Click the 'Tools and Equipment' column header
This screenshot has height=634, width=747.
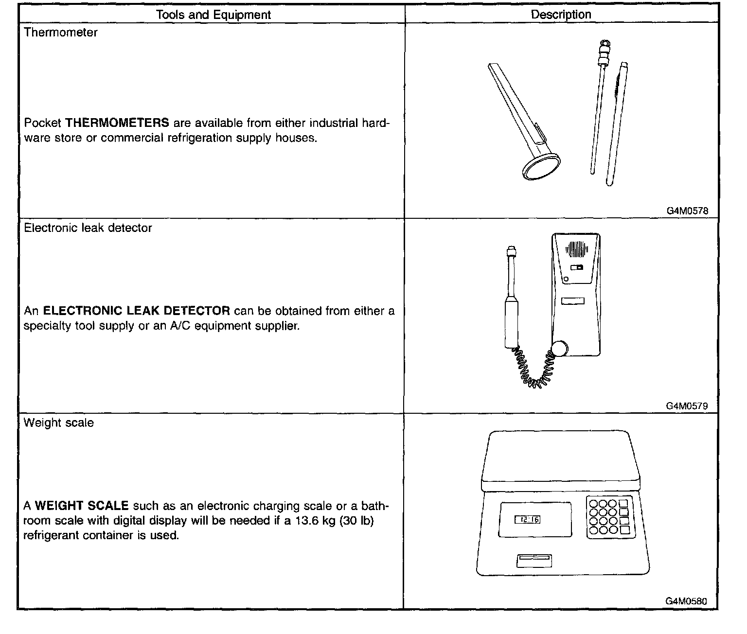[213, 15]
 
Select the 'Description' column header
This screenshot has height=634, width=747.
[561, 15]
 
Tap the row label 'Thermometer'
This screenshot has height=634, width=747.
[61, 33]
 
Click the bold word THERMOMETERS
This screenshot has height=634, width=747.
[117, 123]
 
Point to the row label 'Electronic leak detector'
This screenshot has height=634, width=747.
[88, 228]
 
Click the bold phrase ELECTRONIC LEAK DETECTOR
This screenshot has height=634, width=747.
[137, 311]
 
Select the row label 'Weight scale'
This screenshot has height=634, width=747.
[59, 423]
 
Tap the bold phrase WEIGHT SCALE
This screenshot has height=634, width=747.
[82, 506]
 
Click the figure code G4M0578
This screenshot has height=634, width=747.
[687, 211]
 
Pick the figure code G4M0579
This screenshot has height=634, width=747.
[687, 406]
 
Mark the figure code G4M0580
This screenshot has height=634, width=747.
[686, 601]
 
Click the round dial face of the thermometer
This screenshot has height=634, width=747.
[541, 169]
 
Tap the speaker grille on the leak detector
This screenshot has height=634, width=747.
[576, 249]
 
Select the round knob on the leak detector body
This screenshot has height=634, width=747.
[559, 349]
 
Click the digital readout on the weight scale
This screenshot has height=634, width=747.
[528, 520]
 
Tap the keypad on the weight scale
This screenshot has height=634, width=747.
[609, 517]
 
